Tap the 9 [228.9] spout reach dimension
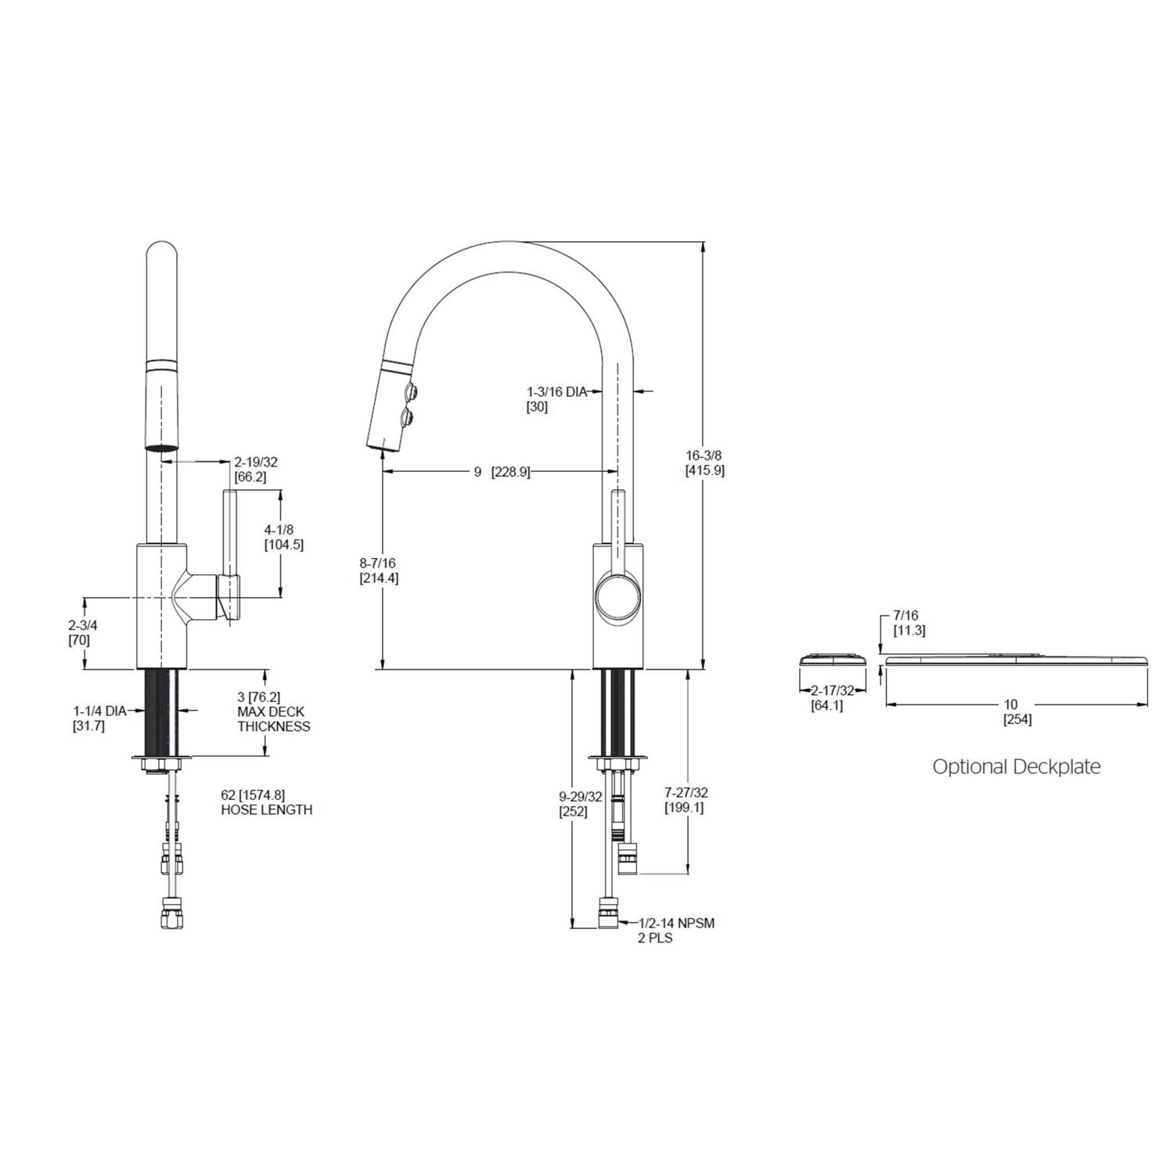pyautogui.click(x=501, y=472)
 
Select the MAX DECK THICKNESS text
pyautogui.click(x=273, y=718)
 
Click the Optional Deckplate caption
pyautogui.click(x=1016, y=766)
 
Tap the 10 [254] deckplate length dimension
pyautogui.click(x=1016, y=711)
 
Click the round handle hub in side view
pyautogui.click(x=618, y=597)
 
